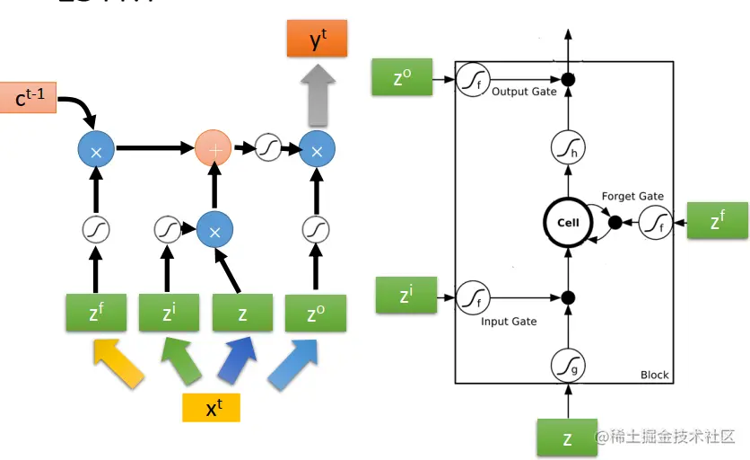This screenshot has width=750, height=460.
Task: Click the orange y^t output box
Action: (x=316, y=39)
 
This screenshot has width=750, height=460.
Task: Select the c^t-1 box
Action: (x=30, y=97)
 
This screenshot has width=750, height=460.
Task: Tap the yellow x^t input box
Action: (x=212, y=407)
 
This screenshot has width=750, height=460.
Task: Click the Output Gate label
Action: (x=524, y=92)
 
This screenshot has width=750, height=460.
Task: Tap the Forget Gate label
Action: (x=632, y=196)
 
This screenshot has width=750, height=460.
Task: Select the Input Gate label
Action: (x=508, y=321)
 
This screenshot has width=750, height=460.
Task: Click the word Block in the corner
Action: (x=654, y=375)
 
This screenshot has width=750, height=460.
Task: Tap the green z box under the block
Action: (x=567, y=438)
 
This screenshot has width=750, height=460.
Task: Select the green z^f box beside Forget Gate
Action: (x=717, y=220)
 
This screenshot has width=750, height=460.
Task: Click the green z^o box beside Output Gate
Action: (x=402, y=78)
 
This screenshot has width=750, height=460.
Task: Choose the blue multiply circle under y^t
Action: (x=316, y=148)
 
